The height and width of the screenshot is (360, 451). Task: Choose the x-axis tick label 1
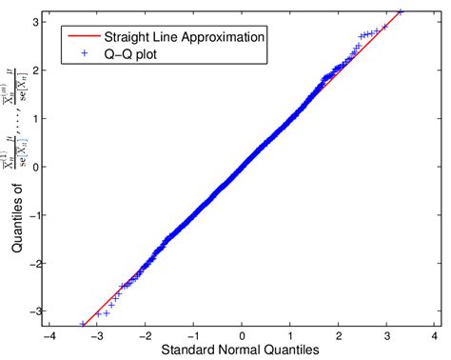pyautogui.click(x=290, y=336)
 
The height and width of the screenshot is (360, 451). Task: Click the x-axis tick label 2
pyautogui.click(x=339, y=336)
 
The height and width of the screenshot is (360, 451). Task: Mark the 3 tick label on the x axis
pyautogui.click(x=387, y=336)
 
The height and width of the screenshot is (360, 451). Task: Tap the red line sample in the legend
pyautogui.click(x=79, y=36)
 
